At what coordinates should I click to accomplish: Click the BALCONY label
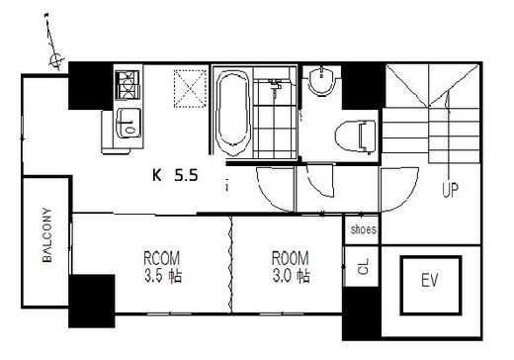click(x=47, y=235)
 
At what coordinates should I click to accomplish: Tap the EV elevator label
click(x=430, y=281)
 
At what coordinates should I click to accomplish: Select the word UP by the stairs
click(x=450, y=190)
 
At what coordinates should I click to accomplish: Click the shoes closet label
click(x=364, y=229)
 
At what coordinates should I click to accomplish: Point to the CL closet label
click(x=364, y=267)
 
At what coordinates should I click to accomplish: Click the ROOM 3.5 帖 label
click(x=162, y=267)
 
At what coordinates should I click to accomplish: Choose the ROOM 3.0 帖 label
click(x=291, y=267)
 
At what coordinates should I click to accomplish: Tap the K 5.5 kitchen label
click(x=175, y=175)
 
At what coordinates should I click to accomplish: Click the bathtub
click(x=233, y=112)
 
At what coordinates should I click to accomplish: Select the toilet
click(x=355, y=136)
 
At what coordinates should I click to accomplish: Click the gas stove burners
click(x=128, y=85)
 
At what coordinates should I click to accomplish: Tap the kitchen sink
click(x=128, y=122)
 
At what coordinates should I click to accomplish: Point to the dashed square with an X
click(x=190, y=89)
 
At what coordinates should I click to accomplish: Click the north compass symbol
click(x=56, y=60)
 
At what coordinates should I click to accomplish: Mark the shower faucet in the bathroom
click(x=275, y=87)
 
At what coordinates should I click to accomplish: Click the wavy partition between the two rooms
click(x=231, y=264)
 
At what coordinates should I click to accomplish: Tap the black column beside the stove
click(x=90, y=86)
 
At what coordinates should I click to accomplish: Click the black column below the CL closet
click(x=362, y=314)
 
